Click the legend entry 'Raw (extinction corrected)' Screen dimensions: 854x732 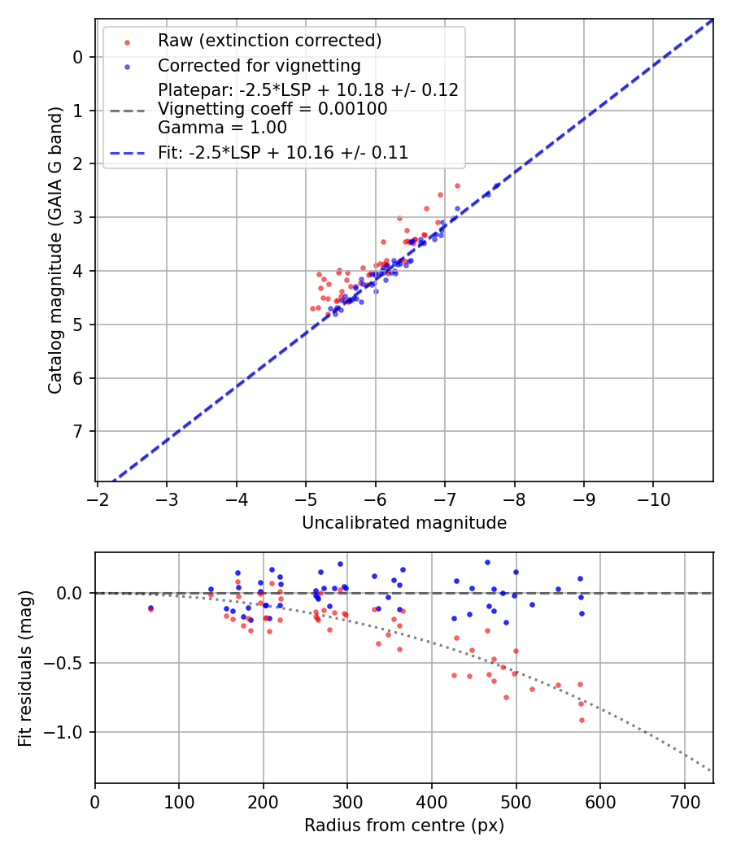coord(270,41)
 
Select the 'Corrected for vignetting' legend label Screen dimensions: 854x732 coord(259,65)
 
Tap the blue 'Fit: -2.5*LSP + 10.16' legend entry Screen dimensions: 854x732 coord(283,152)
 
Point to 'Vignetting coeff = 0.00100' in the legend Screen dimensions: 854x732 coord(272,109)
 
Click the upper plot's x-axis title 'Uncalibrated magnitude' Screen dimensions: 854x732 coord(404,523)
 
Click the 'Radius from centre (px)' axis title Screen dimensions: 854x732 coord(404,826)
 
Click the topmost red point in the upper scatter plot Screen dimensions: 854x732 coord(457,185)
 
